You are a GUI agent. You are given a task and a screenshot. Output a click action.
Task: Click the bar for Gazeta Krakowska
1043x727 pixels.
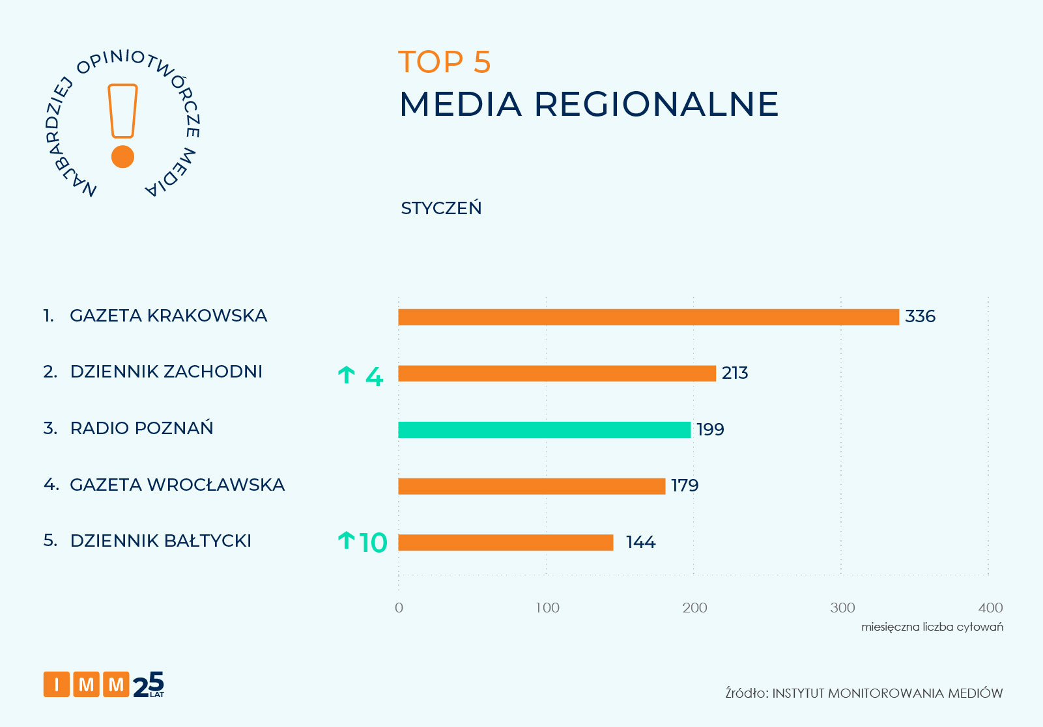[648, 317]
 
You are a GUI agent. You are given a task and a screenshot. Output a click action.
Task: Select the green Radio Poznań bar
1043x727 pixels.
[544, 430]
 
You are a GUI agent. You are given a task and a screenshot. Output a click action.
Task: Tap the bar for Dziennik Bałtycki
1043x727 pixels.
[506, 542]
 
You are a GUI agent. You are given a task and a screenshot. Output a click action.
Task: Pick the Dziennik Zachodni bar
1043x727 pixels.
[557, 374]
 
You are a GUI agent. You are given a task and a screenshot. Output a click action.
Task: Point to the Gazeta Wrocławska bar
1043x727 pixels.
[532, 486]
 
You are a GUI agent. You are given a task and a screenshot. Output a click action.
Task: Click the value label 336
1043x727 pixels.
[920, 316]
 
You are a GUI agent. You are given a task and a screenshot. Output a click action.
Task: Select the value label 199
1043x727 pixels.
[710, 430]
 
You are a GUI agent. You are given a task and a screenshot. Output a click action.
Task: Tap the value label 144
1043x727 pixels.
[640, 542]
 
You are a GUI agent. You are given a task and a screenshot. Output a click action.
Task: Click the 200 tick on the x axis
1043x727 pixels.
[694, 608]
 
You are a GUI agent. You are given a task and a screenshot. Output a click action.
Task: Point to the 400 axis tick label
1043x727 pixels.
[990, 608]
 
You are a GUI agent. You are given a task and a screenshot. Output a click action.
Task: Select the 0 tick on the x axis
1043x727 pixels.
[399, 608]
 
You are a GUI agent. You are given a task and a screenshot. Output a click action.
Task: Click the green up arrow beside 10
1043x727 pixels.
[346, 540]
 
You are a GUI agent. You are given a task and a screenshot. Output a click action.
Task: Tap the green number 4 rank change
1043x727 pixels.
[374, 376]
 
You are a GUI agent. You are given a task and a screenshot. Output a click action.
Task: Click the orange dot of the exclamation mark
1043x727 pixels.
[122, 157]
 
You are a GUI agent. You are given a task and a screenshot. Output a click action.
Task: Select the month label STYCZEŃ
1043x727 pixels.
[441, 208]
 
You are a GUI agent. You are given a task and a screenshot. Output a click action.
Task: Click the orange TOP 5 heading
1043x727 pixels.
[444, 62]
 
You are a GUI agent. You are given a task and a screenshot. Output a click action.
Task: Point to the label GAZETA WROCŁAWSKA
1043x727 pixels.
[177, 485]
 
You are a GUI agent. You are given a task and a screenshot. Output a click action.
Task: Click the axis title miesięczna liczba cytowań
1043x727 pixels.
[932, 627]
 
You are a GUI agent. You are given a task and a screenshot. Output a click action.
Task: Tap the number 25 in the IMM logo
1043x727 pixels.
[149, 685]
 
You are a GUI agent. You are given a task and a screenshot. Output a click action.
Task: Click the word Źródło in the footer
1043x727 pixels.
[746, 693]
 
